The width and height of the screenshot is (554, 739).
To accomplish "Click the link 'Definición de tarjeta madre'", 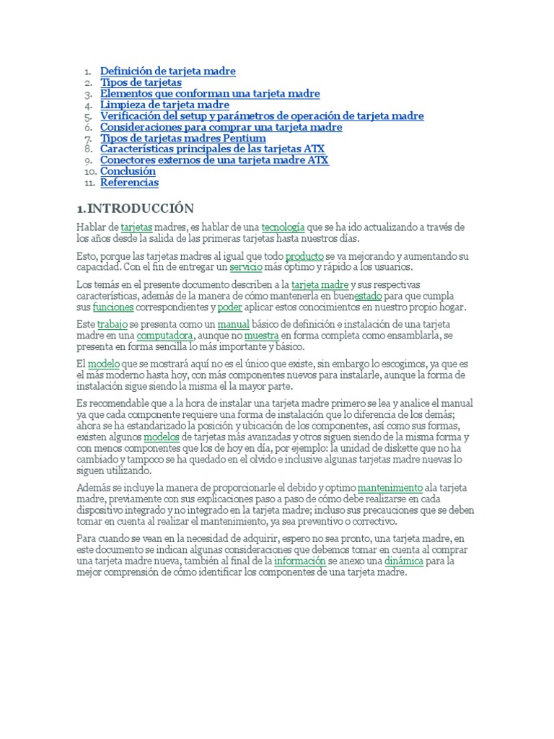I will pos(167,71).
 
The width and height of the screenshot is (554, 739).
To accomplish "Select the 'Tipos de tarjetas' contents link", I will pos(141,83).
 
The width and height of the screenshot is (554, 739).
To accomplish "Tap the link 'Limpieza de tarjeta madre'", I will pos(164,105).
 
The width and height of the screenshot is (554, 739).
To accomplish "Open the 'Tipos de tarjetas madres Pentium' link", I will pos(183,139).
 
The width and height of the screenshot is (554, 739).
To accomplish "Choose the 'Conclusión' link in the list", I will pos(128,172).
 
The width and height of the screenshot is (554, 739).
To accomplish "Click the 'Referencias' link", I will pos(129,183).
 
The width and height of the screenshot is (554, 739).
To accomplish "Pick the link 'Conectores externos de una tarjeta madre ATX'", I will pos(214,160).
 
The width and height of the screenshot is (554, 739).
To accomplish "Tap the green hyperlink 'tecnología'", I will pos(283,228).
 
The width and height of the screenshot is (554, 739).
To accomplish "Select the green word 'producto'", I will pos(304,256).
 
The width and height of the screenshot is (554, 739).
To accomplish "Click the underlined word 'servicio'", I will pos(246,267).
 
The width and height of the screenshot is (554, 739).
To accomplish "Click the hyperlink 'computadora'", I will pos(165,336).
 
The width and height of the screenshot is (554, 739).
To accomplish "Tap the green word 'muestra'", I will pos(261,336).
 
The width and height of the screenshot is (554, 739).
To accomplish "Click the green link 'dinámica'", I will pos(403,560).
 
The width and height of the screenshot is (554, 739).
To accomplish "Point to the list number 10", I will pos(89,172).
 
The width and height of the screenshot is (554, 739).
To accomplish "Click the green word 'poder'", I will pos(229,307).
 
